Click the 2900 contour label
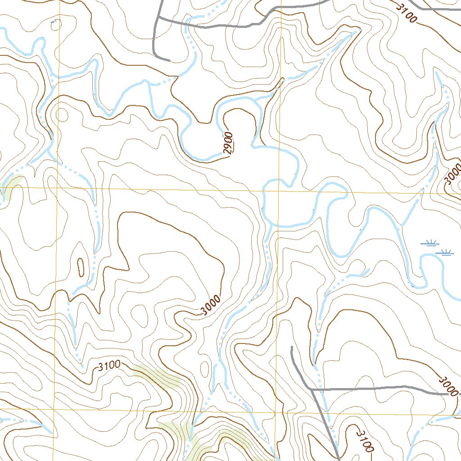229,143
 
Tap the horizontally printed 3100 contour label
108,366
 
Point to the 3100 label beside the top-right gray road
407,14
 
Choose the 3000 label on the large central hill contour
211,306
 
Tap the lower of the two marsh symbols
445,253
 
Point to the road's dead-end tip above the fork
292,347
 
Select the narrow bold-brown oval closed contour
81,267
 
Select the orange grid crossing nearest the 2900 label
280,190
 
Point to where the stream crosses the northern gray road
187,24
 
